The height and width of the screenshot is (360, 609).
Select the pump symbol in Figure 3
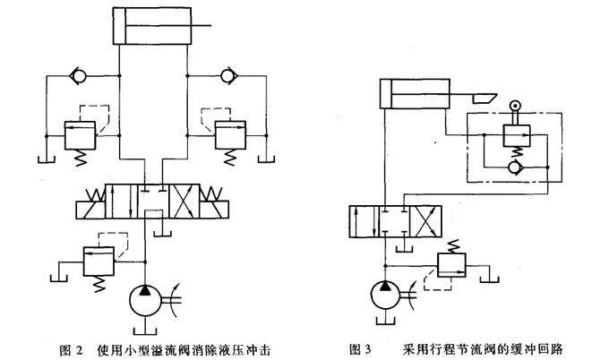[x=387, y=297]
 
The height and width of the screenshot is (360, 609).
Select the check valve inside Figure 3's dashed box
[x=513, y=167]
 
